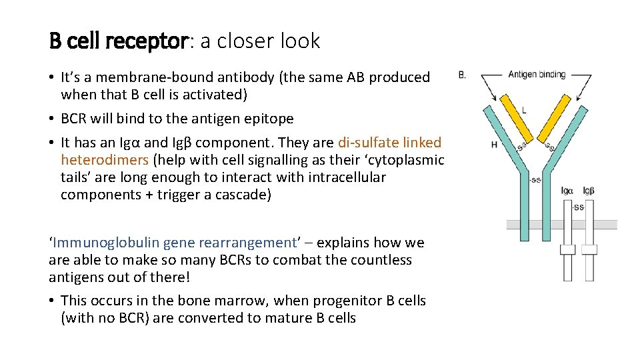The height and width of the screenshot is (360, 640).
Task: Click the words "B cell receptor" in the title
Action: [119, 41]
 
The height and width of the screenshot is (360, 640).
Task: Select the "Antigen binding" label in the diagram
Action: [537, 74]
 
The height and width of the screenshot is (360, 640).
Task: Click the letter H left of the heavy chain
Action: [494, 144]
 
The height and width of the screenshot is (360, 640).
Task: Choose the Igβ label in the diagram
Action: [589, 191]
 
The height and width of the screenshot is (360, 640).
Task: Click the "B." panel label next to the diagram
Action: [462, 75]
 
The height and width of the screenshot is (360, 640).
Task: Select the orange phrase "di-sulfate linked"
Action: [389, 143]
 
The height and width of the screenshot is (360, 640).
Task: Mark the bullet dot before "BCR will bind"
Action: [52, 119]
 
